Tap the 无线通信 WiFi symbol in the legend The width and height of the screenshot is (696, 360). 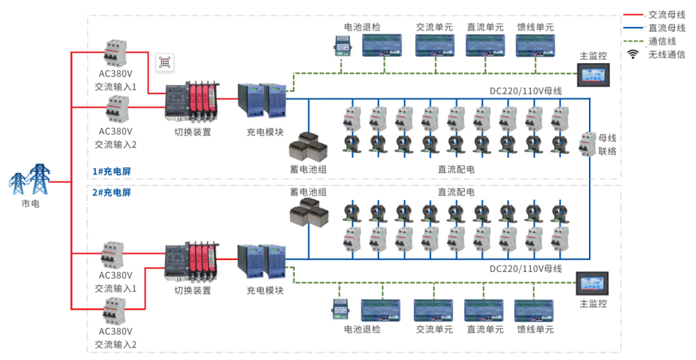tap(633, 55)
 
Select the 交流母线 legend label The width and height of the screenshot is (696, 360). tap(666, 15)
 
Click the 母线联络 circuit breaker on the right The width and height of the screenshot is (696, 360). tap(588, 144)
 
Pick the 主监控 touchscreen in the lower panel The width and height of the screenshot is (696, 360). tap(592, 284)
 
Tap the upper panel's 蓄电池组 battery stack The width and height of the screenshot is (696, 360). tap(308, 147)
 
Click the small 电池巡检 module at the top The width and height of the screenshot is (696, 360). tap(341, 45)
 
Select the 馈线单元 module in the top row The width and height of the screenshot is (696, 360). tap(535, 46)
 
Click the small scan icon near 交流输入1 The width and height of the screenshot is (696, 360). tap(165, 62)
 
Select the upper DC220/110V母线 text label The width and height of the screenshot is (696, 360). tap(525, 91)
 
